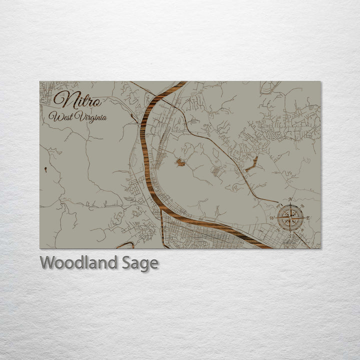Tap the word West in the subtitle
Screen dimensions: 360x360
59,117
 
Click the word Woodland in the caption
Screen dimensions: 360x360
79,262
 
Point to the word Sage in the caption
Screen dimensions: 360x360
140,263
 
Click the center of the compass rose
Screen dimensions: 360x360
289,218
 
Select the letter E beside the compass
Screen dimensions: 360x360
308,218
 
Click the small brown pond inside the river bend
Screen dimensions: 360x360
180,162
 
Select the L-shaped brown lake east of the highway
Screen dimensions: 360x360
251,164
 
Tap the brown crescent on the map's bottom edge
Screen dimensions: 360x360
124,245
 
